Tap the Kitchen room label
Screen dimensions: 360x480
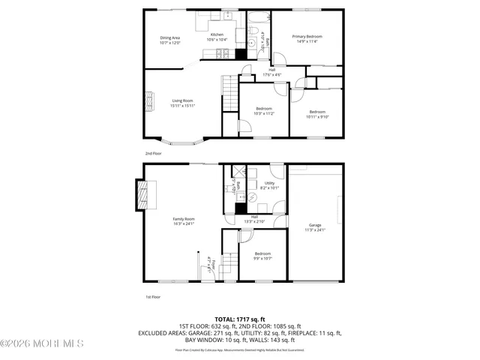(x=217, y=34)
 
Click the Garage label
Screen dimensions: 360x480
(x=315, y=225)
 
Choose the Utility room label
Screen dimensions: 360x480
(x=269, y=183)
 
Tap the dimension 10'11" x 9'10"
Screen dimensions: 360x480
(x=318, y=116)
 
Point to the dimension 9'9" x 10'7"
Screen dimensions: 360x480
(x=262, y=259)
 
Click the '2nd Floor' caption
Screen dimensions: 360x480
(x=153, y=153)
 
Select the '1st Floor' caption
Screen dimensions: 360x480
(x=152, y=297)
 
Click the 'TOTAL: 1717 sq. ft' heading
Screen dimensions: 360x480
(x=239, y=319)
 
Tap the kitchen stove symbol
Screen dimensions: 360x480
(x=223, y=53)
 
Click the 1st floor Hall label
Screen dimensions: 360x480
(x=254, y=217)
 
